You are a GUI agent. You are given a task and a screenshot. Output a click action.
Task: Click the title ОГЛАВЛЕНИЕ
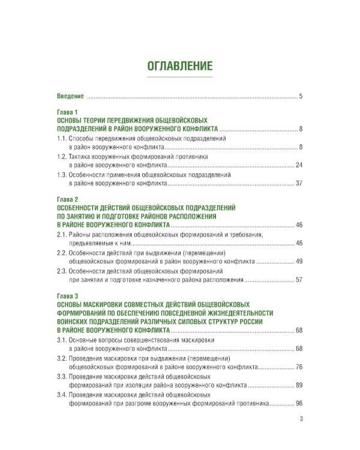pyautogui.click(x=180, y=65)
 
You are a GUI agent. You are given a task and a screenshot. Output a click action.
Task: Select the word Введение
pyautogui.click(x=70, y=97)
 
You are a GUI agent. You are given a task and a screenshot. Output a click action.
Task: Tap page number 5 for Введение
pyautogui.click(x=301, y=97)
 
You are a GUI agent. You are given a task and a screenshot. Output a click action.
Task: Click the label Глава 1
pyautogui.click(x=68, y=112)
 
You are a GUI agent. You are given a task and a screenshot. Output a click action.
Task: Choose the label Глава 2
pyautogui.click(x=68, y=199)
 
